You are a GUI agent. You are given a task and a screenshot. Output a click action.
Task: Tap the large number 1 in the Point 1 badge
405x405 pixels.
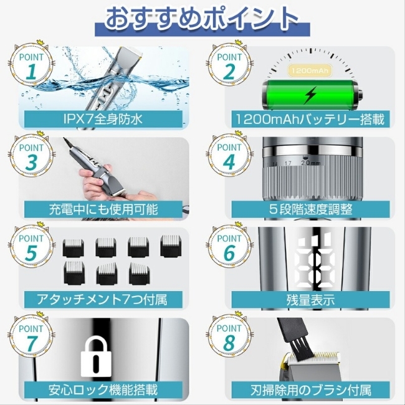(31, 72)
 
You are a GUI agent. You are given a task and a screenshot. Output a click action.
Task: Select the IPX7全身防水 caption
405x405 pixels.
(103, 119)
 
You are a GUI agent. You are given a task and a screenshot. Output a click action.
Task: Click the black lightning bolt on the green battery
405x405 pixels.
(310, 95)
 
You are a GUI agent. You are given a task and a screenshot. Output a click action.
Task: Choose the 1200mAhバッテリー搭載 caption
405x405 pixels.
(310, 119)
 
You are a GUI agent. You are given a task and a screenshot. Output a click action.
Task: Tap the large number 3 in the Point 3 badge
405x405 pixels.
(31, 162)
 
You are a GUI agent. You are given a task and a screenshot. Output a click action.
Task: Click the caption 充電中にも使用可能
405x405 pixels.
(103, 209)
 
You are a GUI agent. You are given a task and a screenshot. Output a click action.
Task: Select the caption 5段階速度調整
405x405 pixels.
(310, 209)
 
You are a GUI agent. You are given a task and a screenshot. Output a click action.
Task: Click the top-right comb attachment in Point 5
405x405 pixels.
(170, 245)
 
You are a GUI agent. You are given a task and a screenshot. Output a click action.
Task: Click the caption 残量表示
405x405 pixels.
(310, 300)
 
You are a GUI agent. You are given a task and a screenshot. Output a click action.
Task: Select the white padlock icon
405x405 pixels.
(96, 356)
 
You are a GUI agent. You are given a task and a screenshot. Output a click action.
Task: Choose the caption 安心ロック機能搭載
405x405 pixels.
(103, 390)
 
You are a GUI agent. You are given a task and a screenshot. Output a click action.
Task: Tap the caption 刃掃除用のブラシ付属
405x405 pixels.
(311, 390)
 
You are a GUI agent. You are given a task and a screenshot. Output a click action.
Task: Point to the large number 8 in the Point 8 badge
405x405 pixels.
(229, 343)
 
